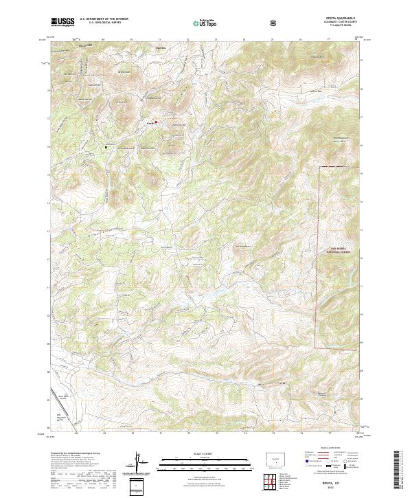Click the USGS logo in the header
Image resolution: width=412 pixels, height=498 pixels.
(x=62, y=23)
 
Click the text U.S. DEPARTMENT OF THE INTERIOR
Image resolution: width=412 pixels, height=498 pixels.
(x=104, y=19)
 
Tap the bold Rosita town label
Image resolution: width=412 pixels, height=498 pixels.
(x=150, y=123)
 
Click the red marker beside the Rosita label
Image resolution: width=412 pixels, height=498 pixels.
(x=157, y=122)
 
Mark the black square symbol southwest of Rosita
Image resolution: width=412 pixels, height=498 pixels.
(x=106, y=147)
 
